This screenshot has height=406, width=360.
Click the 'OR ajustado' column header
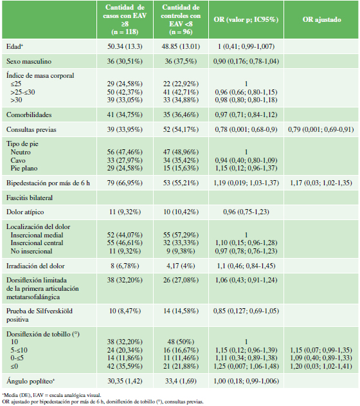coord(321,20)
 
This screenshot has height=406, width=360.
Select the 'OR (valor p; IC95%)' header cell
coord(246,20)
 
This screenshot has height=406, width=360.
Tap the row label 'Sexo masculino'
coord(29,61)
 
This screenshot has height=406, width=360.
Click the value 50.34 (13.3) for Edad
coord(125,46)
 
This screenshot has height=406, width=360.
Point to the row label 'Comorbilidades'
coord(29,115)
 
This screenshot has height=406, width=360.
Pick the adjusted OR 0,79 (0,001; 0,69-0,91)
coord(321,129)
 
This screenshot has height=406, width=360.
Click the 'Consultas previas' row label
coord(32,129)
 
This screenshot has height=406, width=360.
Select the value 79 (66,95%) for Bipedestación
coord(125,183)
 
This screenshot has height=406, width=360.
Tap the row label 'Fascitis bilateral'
coord(30,198)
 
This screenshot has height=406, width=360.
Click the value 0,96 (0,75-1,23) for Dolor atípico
coord(246,212)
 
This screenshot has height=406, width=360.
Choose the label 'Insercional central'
coord(37,243)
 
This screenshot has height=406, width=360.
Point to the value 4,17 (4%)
coord(180,266)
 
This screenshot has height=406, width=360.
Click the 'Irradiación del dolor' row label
coord(35,266)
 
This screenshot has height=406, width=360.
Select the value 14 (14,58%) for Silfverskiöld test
coord(181,311)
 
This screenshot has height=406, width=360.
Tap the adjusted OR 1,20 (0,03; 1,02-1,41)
coord(321,366)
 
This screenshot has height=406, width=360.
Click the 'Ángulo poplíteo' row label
coord(30,381)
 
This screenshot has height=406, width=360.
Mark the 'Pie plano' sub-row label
coord(24,169)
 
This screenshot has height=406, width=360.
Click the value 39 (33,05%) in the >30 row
coord(125,100)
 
